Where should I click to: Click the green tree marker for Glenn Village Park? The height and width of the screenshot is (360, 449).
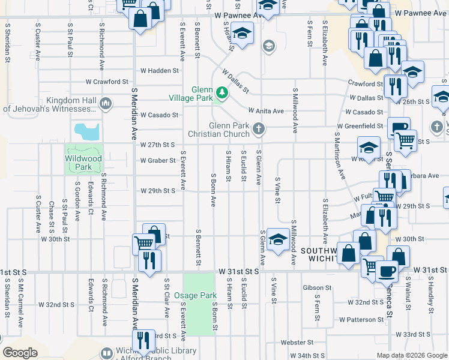[x=222, y=92]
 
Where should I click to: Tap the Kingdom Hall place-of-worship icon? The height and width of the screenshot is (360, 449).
[x=106, y=103]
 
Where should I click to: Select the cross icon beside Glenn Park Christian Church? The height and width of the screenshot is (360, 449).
[x=259, y=128]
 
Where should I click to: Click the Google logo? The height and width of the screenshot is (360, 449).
[x=20, y=352]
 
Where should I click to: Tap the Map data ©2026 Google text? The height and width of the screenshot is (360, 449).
[x=411, y=355]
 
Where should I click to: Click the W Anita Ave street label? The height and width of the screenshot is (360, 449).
[x=266, y=111]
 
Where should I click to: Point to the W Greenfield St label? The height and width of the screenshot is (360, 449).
[x=360, y=126]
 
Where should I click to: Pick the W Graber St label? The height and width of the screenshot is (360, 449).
[x=157, y=160]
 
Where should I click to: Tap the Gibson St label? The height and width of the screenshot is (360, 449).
[x=317, y=288]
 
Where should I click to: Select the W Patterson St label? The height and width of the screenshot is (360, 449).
[x=361, y=320]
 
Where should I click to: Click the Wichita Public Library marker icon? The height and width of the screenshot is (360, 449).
[x=107, y=353]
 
